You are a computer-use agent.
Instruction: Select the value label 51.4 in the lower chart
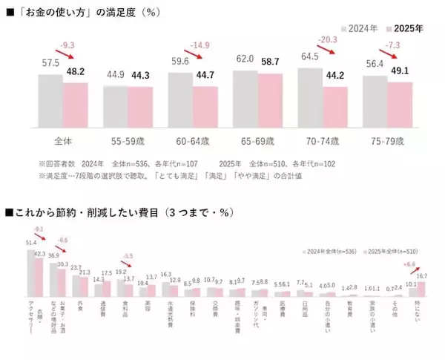(x=30, y=243)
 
